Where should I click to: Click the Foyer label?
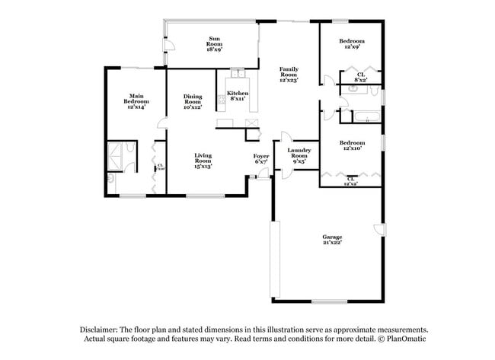[260, 158]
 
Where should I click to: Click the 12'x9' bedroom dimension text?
[352, 47]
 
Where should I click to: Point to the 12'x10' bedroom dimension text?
[351, 149]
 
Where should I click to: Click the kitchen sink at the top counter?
[237, 75]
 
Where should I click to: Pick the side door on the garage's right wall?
[379, 229]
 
